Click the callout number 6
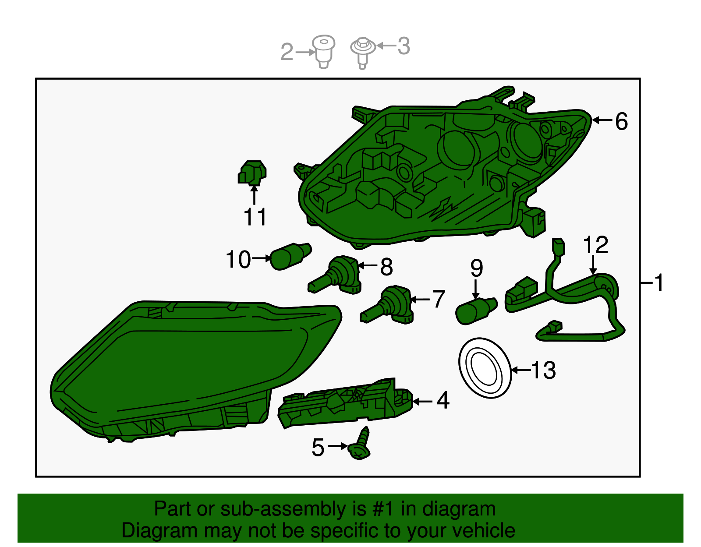621,121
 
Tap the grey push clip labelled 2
324,52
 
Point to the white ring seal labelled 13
485,368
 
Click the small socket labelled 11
252,173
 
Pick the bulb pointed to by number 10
290,256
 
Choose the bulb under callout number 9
476,311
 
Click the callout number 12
595,245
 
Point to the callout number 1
658,282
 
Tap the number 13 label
543,370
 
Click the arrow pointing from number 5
337,446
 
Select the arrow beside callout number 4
422,402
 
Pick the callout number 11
255,217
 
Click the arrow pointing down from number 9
475,289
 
